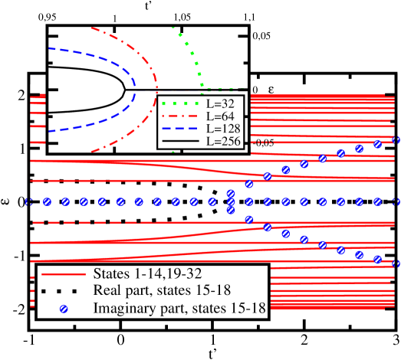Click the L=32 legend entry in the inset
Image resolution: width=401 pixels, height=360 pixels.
[x=220, y=103]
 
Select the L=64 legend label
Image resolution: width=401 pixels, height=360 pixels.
[x=220, y=116]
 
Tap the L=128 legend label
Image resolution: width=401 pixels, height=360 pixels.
[x=223, y=129]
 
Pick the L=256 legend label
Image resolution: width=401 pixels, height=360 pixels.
[x=223, y=141]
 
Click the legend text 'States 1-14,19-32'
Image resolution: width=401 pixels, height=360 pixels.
[x=147, y=273]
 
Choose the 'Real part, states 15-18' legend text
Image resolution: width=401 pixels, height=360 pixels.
[x=162, y=290]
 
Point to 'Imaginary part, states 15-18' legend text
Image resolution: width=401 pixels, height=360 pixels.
[x=179, y=308]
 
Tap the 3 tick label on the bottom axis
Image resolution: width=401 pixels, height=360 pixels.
[x=396, y=341]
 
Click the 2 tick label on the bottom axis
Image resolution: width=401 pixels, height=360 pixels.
[x=304, y=341]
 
